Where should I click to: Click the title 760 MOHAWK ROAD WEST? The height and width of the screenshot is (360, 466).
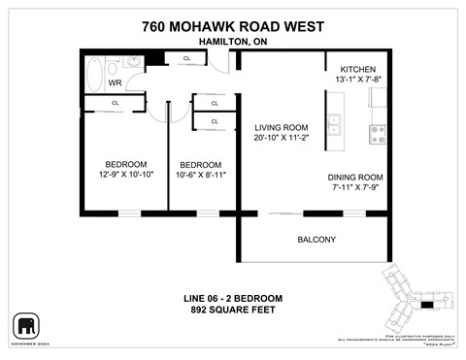click(x=233, y=26)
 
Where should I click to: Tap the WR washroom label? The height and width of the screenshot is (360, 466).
click(x=115, y=82)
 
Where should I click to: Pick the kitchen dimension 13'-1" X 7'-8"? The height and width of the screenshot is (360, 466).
click(x=359, y=78)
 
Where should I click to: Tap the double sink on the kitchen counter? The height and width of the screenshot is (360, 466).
click(x=334, y=123)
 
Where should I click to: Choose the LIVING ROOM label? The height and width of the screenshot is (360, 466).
click(x=281, y=127)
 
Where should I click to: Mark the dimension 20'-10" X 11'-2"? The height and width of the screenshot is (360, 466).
click(x=281, y=139)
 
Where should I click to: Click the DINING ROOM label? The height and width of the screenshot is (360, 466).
click(x=355, y=177)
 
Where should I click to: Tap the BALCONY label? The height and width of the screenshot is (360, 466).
click(x=316, y=240)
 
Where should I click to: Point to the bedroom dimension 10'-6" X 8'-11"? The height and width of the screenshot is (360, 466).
click(x=201, y=176)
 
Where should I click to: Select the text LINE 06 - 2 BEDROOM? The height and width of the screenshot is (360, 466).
click(x=233, y=297)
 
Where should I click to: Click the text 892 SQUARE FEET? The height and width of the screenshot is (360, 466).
click(x=233, y=310)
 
